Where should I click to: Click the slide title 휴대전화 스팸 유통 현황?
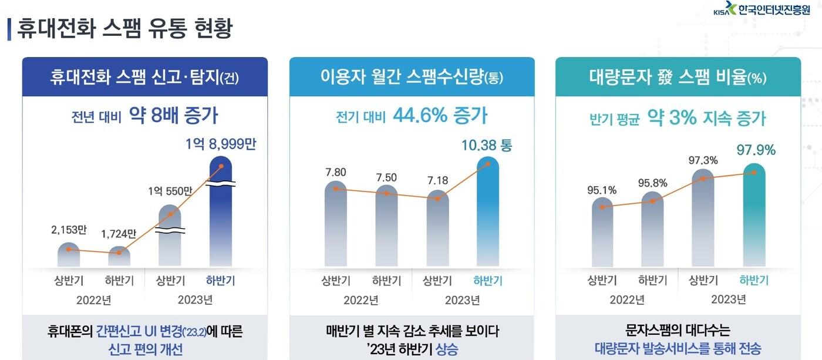124,28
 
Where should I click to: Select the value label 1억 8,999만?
221,144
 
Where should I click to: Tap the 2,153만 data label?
68,230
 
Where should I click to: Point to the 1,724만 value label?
119,234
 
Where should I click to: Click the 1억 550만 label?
170,191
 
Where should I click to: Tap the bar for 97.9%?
754,217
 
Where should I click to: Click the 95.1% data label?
602,190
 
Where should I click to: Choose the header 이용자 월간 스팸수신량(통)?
412,77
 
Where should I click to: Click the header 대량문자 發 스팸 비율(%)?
678,77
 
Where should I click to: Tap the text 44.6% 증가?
448,116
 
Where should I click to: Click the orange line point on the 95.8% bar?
652,201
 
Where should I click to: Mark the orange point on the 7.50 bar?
386,193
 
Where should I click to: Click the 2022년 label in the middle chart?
361,300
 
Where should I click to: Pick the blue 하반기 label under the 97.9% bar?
754,280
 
